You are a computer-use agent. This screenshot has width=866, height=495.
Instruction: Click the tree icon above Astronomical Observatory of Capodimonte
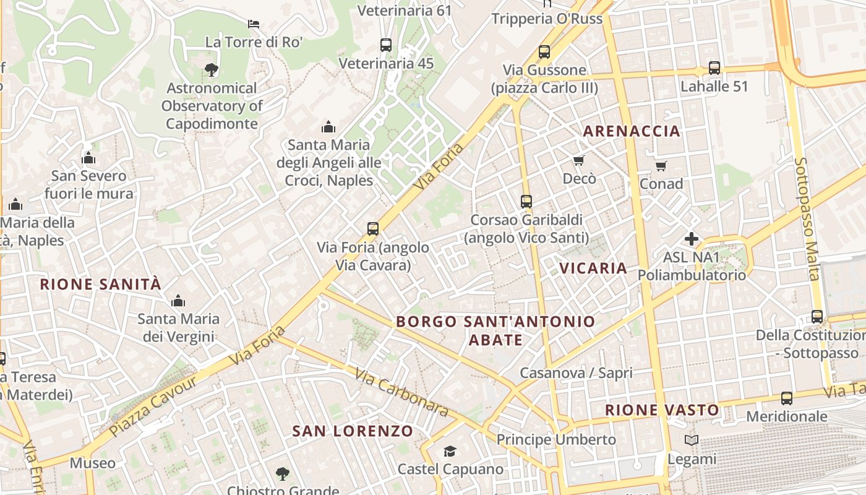coord(211,69)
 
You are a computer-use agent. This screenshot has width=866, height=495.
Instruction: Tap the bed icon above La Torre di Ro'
coord(254,24)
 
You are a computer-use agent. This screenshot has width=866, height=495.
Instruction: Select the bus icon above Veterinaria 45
coord(386,45)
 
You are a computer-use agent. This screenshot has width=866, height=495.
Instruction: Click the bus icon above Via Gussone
coord(544,52)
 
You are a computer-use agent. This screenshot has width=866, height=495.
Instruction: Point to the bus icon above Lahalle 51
coord(714,68)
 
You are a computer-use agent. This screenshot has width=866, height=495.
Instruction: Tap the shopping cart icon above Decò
coord(579,161)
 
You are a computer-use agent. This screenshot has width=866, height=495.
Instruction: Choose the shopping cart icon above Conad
coord(661,166)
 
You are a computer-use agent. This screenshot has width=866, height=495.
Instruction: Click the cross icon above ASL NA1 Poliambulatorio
coord(692,239)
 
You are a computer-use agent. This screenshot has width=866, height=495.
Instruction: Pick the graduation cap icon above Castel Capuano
coord(450,451)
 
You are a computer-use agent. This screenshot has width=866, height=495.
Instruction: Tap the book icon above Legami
coord(692,441)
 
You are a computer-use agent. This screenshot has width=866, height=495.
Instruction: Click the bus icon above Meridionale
coord(787,398)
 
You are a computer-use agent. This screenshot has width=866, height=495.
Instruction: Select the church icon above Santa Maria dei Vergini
coord(178,301)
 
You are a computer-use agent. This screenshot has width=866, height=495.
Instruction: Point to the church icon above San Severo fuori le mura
coord(88,158)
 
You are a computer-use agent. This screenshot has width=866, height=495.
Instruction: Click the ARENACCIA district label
coord(632,131)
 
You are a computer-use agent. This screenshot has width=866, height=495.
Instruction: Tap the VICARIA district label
coord(593,268)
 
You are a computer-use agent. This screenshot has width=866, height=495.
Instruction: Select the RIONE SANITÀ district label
coord(101,285)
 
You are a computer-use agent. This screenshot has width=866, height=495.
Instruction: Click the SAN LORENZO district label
coord(353,431)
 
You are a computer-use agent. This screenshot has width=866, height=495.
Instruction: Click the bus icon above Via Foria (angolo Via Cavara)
coord(373,229)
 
